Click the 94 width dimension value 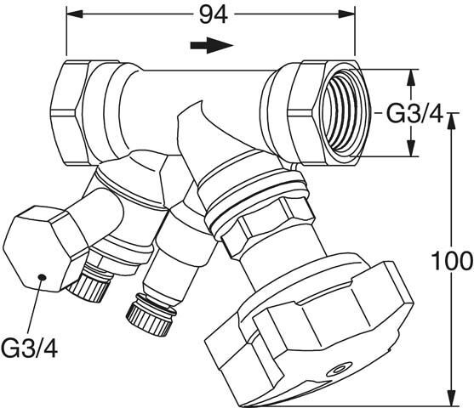(x=213, y=14)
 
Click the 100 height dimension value (x=452, y=261)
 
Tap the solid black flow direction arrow (x=212, y=45)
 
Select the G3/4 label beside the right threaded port (x=414, y=114)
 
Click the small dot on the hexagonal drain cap (x=42, y=277)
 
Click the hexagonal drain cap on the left (x=45, y=248)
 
